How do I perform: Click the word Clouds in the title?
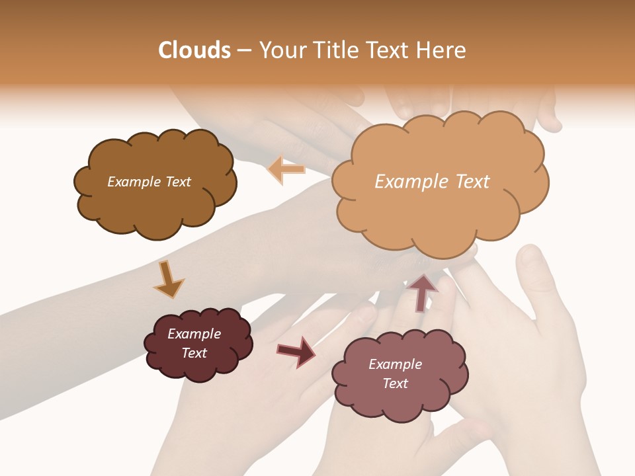pyautogui.click(x=194, y=50)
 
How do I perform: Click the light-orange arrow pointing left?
pyautogui.click(x=286, y=169)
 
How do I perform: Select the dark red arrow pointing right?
pyautogui.click(x=296, y=352)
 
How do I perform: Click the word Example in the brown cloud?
pyautogui.click(x=134, y=182)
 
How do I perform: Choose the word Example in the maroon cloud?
pyautogui.click(x=194, y=334)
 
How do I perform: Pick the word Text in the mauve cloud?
pyautogui.click(x=395, y=383)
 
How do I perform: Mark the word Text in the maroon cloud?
pyautogui.click(x=194, y=353)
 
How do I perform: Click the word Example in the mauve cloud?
pyautogui.click(x=395, y=364)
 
